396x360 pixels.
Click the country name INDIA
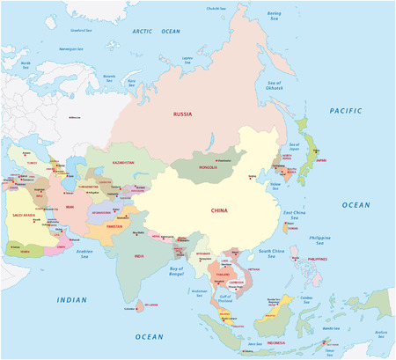click(138, 255)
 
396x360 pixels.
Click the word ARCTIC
click(143, 31)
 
